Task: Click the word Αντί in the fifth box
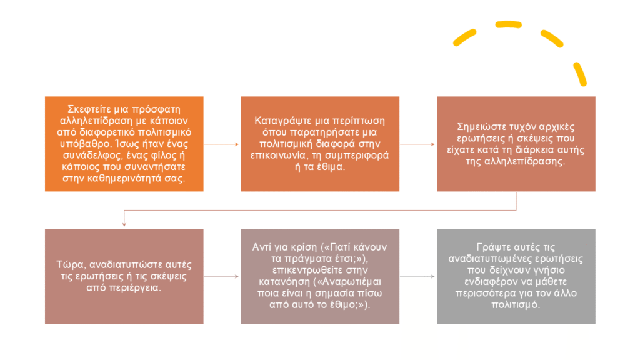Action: point(262,247)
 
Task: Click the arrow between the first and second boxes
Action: point(221,144)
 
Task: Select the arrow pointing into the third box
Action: point(417,144)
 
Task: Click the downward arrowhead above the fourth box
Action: point(124,224)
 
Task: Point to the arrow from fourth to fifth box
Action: point(221,276)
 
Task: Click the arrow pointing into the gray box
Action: point(417,276)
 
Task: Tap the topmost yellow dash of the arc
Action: point(509,25)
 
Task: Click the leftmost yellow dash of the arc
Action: point(465,37)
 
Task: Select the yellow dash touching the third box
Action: point(580,74)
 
